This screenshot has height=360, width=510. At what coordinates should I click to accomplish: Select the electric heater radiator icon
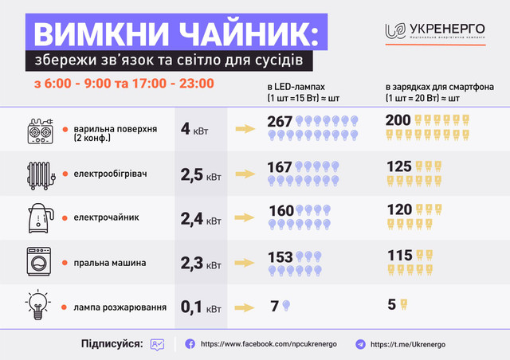(x=37, y=173)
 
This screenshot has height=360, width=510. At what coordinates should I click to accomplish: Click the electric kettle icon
(x=37, y=217)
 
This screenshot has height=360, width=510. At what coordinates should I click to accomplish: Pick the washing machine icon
(x=37, y=260)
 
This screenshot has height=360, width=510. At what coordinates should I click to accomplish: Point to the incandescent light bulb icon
(x=37, y=304)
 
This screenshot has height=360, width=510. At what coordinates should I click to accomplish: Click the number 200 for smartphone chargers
(x=398, y=121)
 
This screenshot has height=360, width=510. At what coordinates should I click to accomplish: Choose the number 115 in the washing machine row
(x=398, y=255)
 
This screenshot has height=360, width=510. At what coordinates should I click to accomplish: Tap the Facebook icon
(x=190, y=343)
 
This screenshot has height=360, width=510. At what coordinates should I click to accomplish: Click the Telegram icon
(x=360, y=343)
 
